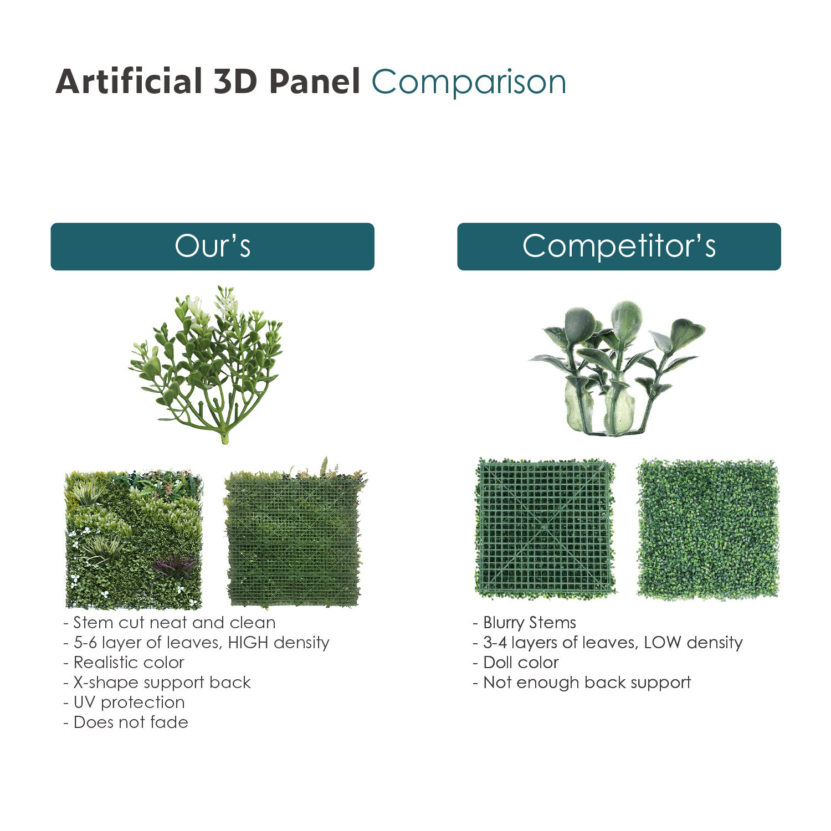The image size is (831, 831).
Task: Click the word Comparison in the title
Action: pos(469,82)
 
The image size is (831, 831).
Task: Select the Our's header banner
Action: pos(212,247)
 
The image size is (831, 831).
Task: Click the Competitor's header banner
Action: pos(619,247)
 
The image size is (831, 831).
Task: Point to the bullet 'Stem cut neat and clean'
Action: pos(170,623)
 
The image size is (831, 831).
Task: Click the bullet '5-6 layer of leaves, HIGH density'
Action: pos(197,643)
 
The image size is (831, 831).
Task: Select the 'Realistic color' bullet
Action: pos(124,663)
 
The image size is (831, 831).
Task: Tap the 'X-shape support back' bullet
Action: pos(157,683)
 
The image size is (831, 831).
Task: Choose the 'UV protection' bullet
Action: pos(124,702)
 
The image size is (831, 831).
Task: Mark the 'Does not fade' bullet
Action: pos(126,722)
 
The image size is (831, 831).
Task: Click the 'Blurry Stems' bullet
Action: pos(525,623)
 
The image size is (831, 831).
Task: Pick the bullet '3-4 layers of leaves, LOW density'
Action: pos(608,643)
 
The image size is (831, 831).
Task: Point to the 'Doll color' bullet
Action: pos(516,663)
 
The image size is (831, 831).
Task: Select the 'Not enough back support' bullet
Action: pos(582,683)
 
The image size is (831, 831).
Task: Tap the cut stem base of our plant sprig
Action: pos(224,438)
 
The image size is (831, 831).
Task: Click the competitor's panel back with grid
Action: pos(546,529)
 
